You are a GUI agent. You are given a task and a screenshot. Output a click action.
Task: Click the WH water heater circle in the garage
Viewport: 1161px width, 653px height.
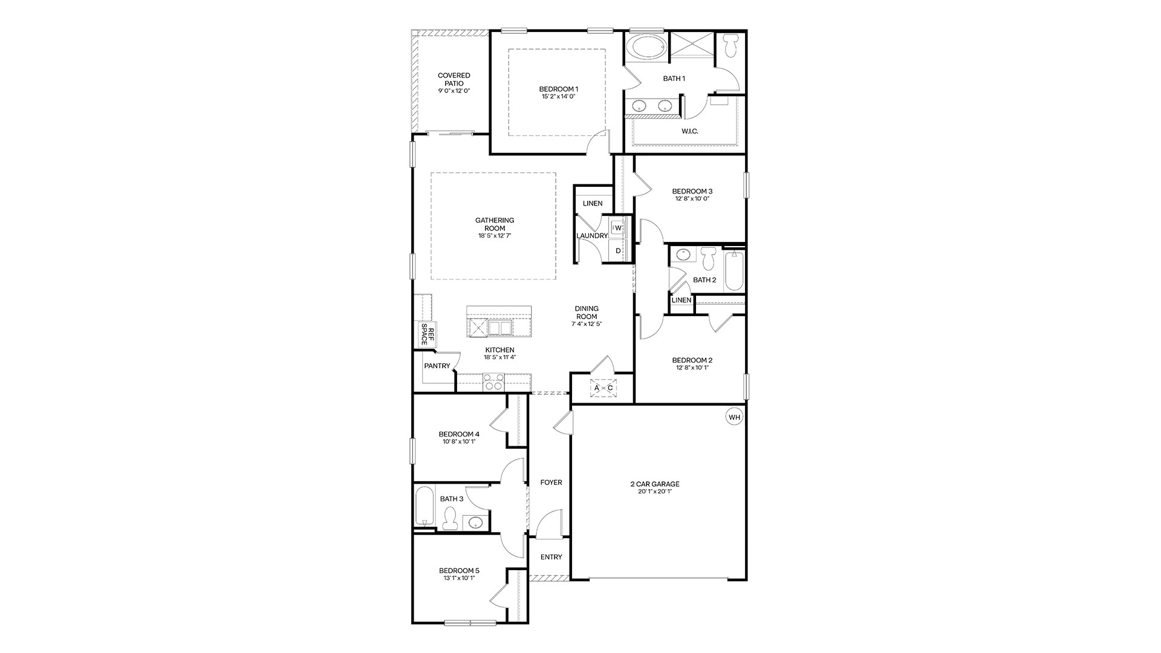pos(734,417)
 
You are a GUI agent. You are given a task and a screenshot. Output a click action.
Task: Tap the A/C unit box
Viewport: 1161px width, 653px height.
pos(603,388)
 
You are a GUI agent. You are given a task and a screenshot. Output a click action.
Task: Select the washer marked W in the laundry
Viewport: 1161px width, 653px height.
pos(618,228)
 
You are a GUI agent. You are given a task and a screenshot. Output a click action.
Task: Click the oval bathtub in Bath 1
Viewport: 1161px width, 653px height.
pos(645,48)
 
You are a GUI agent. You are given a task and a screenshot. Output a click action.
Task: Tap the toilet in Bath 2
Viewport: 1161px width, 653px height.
pos(708,259)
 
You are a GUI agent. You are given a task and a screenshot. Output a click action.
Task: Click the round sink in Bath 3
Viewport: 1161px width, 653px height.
pos(473,522)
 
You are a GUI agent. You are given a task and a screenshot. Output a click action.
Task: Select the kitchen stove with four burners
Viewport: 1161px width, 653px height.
pos(493,382)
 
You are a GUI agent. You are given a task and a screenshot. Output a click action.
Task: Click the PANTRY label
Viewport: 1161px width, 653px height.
pos(437,366)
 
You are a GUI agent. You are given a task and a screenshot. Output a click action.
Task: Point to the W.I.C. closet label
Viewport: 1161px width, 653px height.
pos(690,131)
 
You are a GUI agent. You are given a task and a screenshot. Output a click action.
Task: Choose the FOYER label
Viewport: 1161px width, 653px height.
pos(551,482)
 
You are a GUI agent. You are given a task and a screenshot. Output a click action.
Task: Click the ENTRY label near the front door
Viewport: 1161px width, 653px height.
pos(551,557)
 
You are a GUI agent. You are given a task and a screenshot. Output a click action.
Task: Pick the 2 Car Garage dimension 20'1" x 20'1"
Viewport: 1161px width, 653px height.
pos(655,492)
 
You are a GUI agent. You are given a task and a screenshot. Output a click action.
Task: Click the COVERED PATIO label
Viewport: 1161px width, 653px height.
pos(454,80)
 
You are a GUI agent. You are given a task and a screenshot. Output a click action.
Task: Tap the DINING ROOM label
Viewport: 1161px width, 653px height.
pos(587,313)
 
